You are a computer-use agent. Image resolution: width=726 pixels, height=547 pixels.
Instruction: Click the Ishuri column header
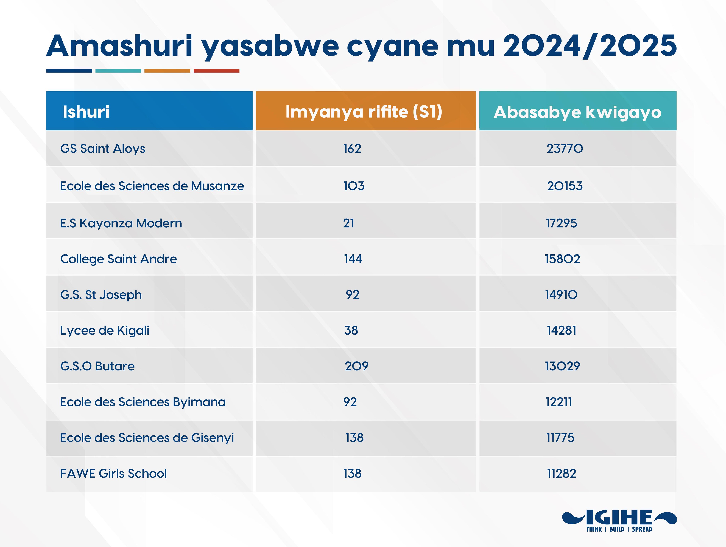pyautogui.click(x=86, y=112)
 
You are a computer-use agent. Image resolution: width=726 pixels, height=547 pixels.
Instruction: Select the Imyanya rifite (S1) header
pyautogui.click(x=364, y=112)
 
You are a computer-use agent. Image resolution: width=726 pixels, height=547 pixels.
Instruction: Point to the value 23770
pyautogui.click(x=565, y=149)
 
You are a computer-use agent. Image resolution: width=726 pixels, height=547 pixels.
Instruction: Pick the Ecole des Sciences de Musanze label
pyautogui.click(x=152, y=186)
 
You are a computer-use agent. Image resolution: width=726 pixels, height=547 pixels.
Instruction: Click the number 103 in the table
pyautogui.click(x=354, y=186)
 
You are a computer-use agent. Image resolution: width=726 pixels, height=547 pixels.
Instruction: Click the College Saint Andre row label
pyautogui.click(x=118, y=259)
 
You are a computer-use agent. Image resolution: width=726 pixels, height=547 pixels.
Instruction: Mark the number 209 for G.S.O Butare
pyautogui.click(x=356, y=366)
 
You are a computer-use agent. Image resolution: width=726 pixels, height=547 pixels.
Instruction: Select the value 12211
pyautogui.click(x=559, y=402)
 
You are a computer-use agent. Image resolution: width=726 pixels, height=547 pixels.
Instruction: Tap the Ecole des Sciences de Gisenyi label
pyautogui.click(x=147, y=438)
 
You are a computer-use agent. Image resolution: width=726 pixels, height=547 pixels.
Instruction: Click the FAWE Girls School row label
pyautogui.click(x=114, y=474)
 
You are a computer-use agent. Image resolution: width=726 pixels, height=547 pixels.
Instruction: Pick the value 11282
pyautogui.click(x=561, y=474)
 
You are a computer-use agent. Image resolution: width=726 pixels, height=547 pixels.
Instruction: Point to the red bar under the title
pyautogui.click(x=217, y=71)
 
